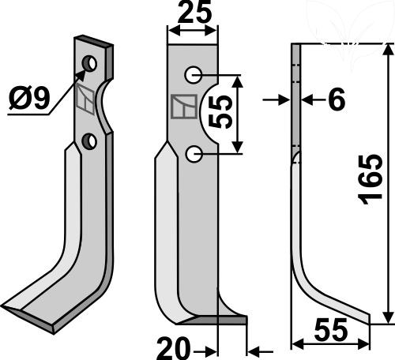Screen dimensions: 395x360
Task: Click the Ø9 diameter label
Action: tap(29, 99)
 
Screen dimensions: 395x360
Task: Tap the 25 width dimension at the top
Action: tap(194, 13)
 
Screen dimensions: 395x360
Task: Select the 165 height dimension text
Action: tap(371, 179)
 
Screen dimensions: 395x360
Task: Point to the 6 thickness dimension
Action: tap(337, 100)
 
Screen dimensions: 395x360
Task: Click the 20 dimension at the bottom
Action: tap(173, 348)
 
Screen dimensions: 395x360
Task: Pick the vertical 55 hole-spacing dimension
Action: tap(220, 111)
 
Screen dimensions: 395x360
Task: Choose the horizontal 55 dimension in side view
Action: tap(331, 329)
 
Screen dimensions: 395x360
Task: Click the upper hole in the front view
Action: tap(193, 75)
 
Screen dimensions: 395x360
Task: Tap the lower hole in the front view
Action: tap(194, 154)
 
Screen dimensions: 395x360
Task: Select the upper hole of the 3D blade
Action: tap(89, 64)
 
